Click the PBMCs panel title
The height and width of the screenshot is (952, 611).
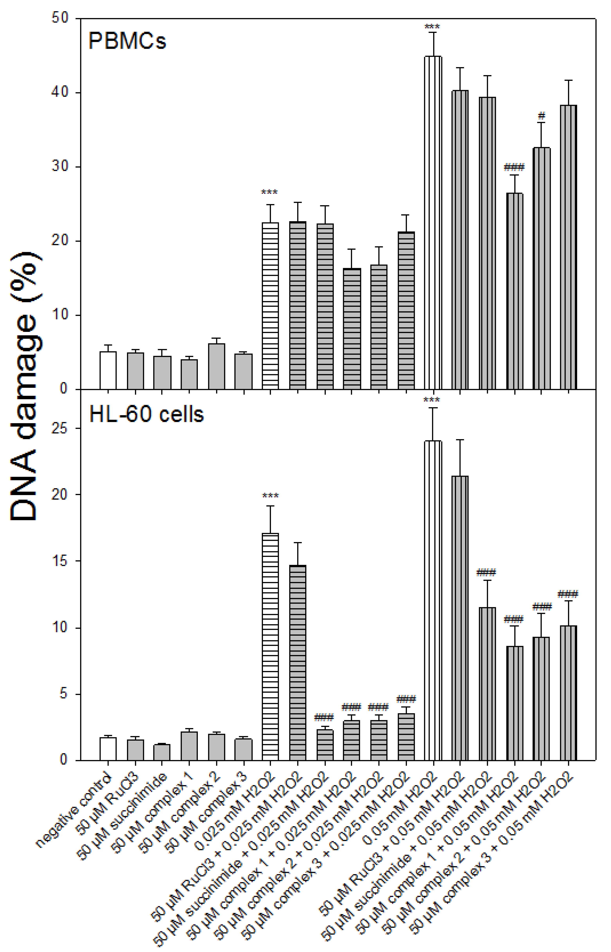coord(127,41)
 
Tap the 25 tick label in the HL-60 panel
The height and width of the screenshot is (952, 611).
coord(60,428)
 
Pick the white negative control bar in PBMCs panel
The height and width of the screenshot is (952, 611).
coord(108,370)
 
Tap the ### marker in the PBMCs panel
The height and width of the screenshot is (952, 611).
coord(514,167)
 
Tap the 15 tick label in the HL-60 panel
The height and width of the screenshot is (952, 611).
coord(60,561)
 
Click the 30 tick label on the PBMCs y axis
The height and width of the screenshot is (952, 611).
coord(60,167)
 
